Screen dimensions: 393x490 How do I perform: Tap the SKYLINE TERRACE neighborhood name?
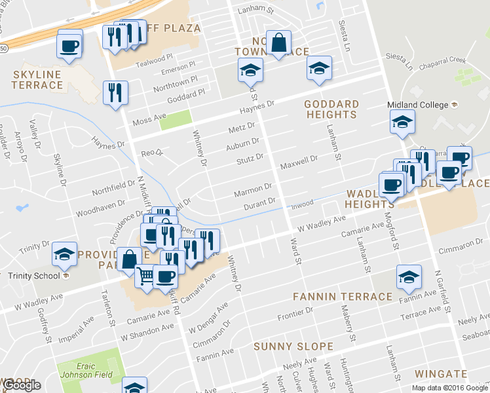point(37,80)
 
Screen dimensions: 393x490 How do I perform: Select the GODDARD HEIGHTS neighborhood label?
point(331,109)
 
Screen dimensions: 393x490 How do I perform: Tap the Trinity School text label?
point(33,275)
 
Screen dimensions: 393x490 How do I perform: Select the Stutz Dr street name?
point(250,158)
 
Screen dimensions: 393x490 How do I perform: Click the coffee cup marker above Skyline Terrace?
point(69,45)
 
